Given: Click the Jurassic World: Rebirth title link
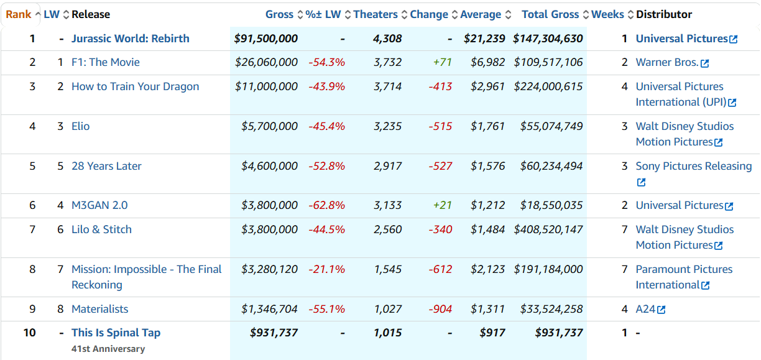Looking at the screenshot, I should point(130,39).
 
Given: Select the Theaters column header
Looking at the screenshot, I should point(376,14).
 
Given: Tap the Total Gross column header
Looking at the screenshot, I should point(550,14).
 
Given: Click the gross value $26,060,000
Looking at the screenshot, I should point(266,62).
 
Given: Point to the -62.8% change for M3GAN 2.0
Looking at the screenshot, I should point(326,205).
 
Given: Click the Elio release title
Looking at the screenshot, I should point(80,126).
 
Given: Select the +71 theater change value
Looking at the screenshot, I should point(442,62).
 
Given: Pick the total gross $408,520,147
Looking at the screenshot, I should point(548,229).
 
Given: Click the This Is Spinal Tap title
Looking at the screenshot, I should point(116,333).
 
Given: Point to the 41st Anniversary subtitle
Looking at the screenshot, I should point(108,349).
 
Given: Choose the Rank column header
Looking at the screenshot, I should point(19,14).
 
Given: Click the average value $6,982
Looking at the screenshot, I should point(487,62).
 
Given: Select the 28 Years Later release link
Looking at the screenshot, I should point(106,166).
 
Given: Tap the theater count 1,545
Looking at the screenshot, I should point(387,269).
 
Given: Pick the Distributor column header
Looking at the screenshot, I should point(664,14).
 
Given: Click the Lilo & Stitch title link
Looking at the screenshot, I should point(101,229).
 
